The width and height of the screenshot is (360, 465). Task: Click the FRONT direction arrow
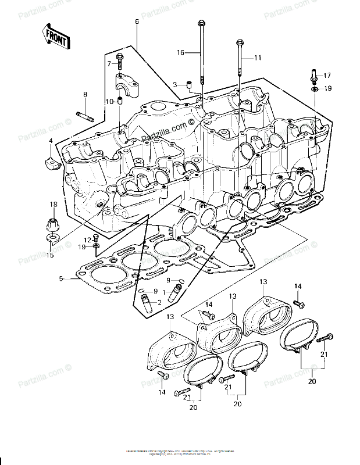coord(56,36)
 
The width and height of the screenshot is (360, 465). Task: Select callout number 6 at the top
coord(137,22)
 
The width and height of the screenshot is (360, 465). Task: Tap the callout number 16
coord(180,52)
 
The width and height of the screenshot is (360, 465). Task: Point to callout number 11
coord(258,58)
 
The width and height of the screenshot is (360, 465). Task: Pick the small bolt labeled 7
coord(120,59)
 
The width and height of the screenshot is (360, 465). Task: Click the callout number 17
coord(327,76)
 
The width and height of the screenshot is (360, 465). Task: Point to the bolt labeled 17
coord(312,76)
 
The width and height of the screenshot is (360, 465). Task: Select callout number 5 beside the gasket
coord(60,278)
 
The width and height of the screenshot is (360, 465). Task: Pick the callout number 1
coord(164,290)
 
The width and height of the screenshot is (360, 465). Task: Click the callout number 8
coord(85,94)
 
